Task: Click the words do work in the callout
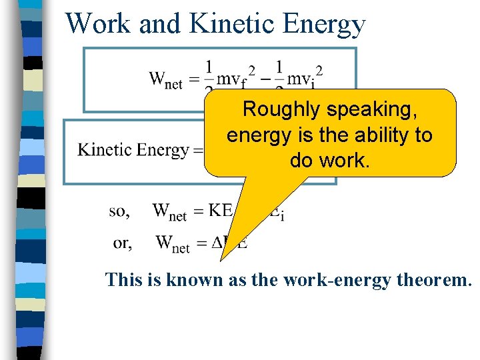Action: coord(329,161)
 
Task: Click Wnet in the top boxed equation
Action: coord(166,79)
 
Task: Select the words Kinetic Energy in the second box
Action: coord(133,150)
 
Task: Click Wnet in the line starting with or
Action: coord(172,243)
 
